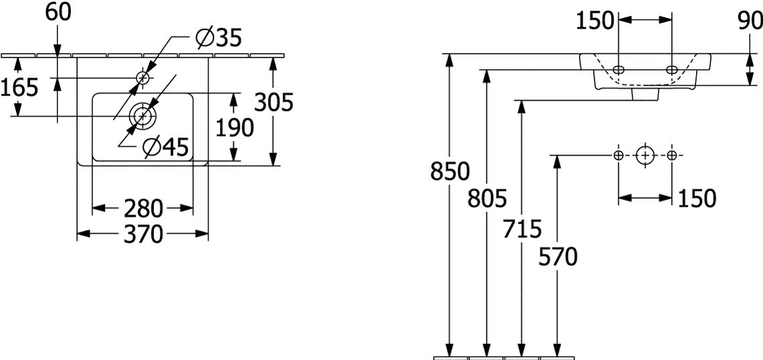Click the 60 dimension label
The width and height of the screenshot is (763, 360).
[58, 13]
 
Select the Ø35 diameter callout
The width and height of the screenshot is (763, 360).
[218, 38]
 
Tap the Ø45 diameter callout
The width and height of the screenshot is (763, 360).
[165, 147]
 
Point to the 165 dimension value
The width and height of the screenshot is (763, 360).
[19, 88]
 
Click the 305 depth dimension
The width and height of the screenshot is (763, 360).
[274, 102]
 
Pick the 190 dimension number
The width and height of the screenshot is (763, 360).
[234, 127]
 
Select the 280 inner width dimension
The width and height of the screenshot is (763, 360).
[143, 209]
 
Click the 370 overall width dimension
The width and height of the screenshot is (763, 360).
[143, 234]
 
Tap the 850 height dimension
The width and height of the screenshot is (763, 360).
[450, 172]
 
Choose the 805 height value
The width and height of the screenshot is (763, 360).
[487, 199]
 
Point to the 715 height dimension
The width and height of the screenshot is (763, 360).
[522, 229]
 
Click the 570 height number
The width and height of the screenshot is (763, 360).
[558, 257]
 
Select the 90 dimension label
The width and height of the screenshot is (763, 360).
[750, 21]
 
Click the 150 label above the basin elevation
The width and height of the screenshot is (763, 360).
[595, 21]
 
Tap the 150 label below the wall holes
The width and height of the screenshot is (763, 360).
[696, 198]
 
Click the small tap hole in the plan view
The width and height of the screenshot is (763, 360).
[143, 78]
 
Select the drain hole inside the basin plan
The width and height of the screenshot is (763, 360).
[142, 116]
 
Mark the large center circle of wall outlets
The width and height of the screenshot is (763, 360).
[645, 155]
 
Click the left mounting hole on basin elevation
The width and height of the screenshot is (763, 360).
[618, 69]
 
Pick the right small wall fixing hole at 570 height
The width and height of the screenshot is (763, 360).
[672, 155]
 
